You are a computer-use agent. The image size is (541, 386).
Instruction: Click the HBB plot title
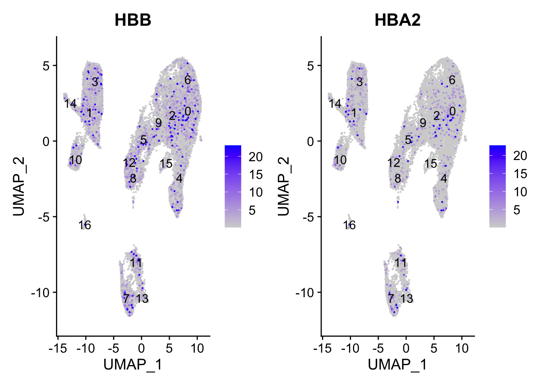click(133, 20)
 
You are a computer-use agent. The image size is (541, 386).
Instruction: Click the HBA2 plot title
click(397, 20)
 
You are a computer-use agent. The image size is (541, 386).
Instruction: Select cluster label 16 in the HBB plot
click(85, 225)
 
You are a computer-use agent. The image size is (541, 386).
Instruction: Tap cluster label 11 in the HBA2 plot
click(401, 263)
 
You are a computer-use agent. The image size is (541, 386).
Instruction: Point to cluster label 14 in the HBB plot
click(70, 104)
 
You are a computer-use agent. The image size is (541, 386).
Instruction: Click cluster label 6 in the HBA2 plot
click(452, 80)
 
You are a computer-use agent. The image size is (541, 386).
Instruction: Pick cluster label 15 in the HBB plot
click(166, 164)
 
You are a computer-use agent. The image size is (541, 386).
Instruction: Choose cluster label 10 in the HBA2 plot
click(340, 160)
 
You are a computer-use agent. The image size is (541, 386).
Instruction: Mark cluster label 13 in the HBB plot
click(142, 299)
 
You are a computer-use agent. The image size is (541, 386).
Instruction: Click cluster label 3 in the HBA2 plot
click(359, 82)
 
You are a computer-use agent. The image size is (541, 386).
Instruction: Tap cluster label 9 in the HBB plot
click(159, 123)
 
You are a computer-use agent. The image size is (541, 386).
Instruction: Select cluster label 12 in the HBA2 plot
click(394, 163)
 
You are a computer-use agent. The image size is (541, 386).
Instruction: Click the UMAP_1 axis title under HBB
click(133, 364)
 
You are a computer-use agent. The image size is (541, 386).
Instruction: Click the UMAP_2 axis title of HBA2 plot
click(283, 186)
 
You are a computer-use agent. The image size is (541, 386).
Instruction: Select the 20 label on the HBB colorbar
click(256, 157)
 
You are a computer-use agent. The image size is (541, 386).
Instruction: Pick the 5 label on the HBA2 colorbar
click(517, 210)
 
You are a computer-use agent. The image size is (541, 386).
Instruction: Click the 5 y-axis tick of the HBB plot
click(46, 66)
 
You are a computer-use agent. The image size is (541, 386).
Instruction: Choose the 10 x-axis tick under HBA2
click(462, 348)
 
